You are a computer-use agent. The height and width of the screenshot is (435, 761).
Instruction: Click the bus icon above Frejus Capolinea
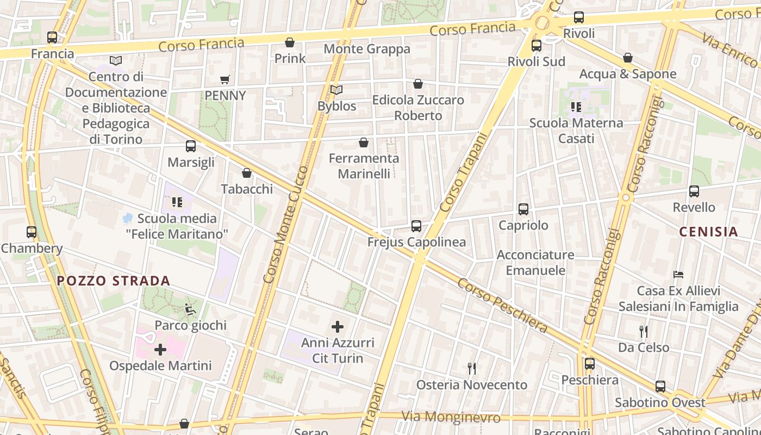coord(416,226)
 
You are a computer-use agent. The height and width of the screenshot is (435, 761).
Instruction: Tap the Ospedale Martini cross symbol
coord(160,350)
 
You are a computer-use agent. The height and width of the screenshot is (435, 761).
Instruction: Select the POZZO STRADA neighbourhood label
coord(114,281)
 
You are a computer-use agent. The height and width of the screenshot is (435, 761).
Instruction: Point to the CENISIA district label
coord(709,232)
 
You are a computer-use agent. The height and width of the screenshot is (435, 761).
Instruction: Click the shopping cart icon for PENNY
coord(225,80)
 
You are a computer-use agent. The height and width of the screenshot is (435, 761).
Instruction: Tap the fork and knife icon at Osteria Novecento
coord(472,369)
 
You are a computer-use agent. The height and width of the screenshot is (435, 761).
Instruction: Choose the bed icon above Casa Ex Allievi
coord(678,275)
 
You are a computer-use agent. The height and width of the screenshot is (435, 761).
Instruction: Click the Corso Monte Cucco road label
coord(285,224)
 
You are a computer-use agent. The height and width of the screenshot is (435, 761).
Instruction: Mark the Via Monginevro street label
coord(451,417)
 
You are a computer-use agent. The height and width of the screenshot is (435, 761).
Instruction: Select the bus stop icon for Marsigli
coord(191,146)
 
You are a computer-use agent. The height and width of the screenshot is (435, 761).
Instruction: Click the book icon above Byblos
coord(336,90)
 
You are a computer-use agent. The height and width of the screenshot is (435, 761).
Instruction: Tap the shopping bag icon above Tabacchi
coord(247,173)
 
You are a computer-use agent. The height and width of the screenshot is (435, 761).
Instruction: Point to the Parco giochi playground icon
coord(190,309)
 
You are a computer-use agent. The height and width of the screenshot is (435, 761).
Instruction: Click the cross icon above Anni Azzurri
coord(338,327)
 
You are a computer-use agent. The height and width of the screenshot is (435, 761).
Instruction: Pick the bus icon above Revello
coord(694,191)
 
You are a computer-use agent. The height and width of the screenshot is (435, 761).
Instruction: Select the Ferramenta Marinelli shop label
coord(364,166)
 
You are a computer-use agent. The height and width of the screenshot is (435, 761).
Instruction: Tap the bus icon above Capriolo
coord(523,209)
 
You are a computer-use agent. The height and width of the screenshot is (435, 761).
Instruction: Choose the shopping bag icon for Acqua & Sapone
coord(628,58)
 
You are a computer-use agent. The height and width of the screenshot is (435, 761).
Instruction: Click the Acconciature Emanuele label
coord(535,263)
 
